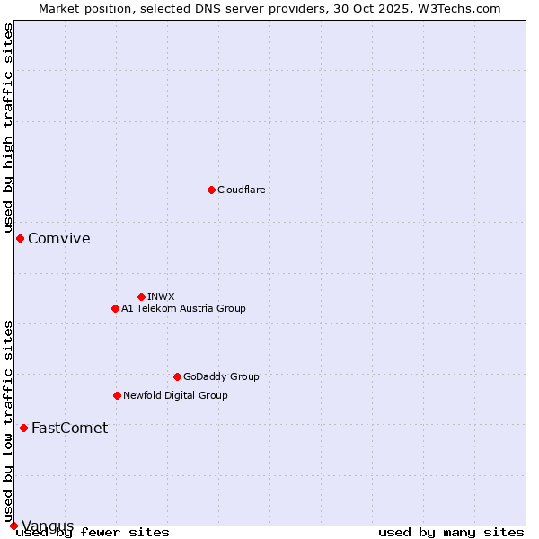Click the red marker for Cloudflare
pyautogui.click(x=211, y=190)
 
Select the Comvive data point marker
pyautogui.click(x=20, y=238)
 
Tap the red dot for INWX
pyautogui.click(x=141, y=296)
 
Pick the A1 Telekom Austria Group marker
pyautogui.click(x=115, y=308)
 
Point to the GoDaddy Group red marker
pyautogui.click(x=177, y=376)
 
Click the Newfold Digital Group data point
pyautogui.click(x=117, y=395)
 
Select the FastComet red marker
pyautogui.click(x=23, y=428)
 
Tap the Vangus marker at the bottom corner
pyautogui.click(x=13, y=526)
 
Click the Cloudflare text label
pyautogui.click(x=241, y=190)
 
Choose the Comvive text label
pyautogui.click(x=58, y=238)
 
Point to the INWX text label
pyautogui.click(x=161, y=296)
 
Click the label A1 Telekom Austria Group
pyautogui.click(x=183, y=308)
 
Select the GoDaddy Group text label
pyautogui.click(x=221, y=376)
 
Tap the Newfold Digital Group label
pyautogui.click(x=175, y=395)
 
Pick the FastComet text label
pyautogui.click(x=69, y=428)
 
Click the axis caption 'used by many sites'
pyautogui.click(x=451, y=532)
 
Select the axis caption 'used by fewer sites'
pyautogui.click(x=93, y=532)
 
